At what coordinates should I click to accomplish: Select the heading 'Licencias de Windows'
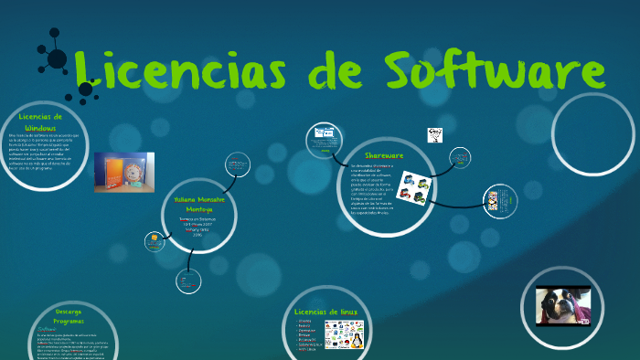coord(40,122)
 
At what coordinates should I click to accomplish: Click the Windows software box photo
coord(123,172)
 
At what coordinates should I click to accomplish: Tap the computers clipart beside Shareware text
coord(415,188)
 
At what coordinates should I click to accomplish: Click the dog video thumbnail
coord(563,307)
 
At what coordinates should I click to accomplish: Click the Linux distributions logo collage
coord(344,334)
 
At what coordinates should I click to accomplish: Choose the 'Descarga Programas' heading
coord(69,316)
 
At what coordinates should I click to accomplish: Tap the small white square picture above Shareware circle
coord(435,135)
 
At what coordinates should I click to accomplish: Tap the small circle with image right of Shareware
coord(499,199)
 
